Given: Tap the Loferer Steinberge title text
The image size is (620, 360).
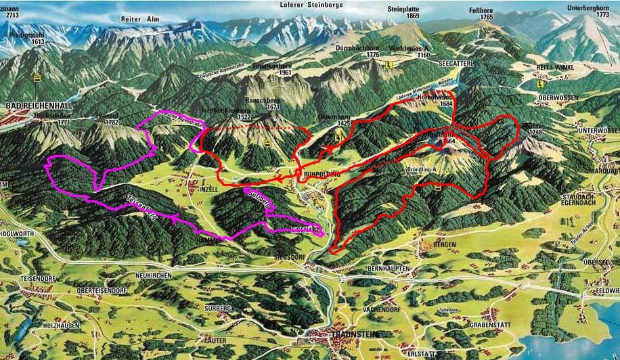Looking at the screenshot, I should point(311,5).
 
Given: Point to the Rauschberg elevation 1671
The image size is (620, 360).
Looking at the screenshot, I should point(273,107).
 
